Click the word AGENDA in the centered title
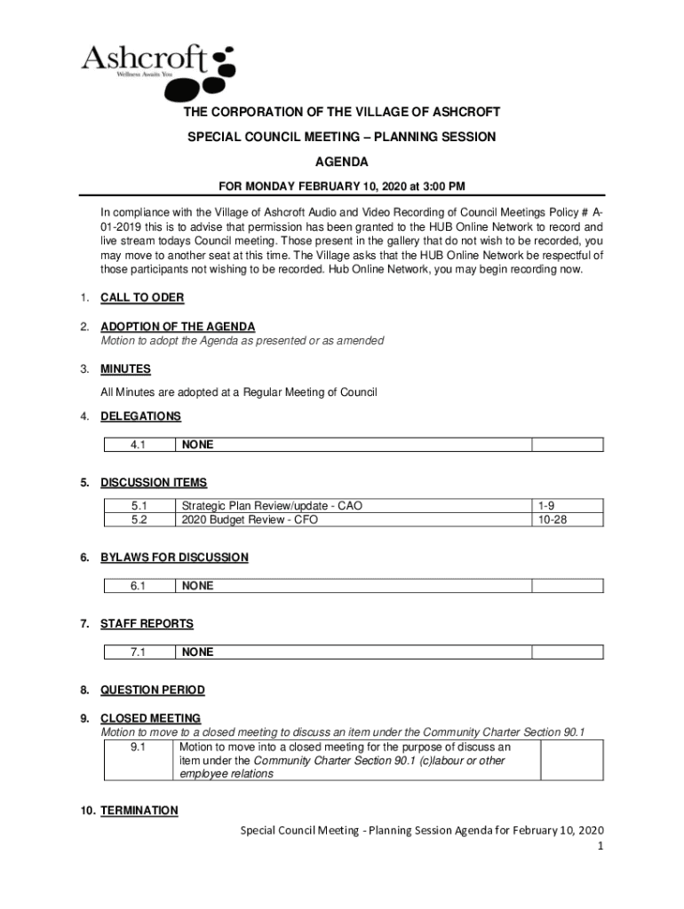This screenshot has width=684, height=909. (x=342, y=162)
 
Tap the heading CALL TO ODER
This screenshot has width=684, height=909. (x=142, y=298)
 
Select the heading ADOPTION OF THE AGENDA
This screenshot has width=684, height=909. (x=178, y=328)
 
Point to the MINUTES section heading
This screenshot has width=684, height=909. (x=125, y=369)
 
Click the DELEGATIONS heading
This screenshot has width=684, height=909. (x=140, y=416)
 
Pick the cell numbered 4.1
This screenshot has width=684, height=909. (x=138, y=446)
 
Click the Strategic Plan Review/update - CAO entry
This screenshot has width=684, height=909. (x=271, y=506)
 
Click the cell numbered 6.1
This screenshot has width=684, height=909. (x=138, y=586)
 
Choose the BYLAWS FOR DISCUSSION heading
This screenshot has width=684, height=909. (x=174, y=557)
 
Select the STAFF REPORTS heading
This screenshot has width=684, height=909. (x=147, y=624)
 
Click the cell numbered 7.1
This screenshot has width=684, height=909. (x=138, y=652)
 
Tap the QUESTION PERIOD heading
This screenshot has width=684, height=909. (x=152, y=690)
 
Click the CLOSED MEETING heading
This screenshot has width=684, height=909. (x=150, y=718)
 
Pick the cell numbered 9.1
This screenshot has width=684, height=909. (x=138, y=747)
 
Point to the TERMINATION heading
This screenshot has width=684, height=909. (x=139, y=810)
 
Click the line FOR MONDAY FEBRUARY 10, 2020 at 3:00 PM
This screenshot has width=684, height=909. (x=342, y=186)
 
